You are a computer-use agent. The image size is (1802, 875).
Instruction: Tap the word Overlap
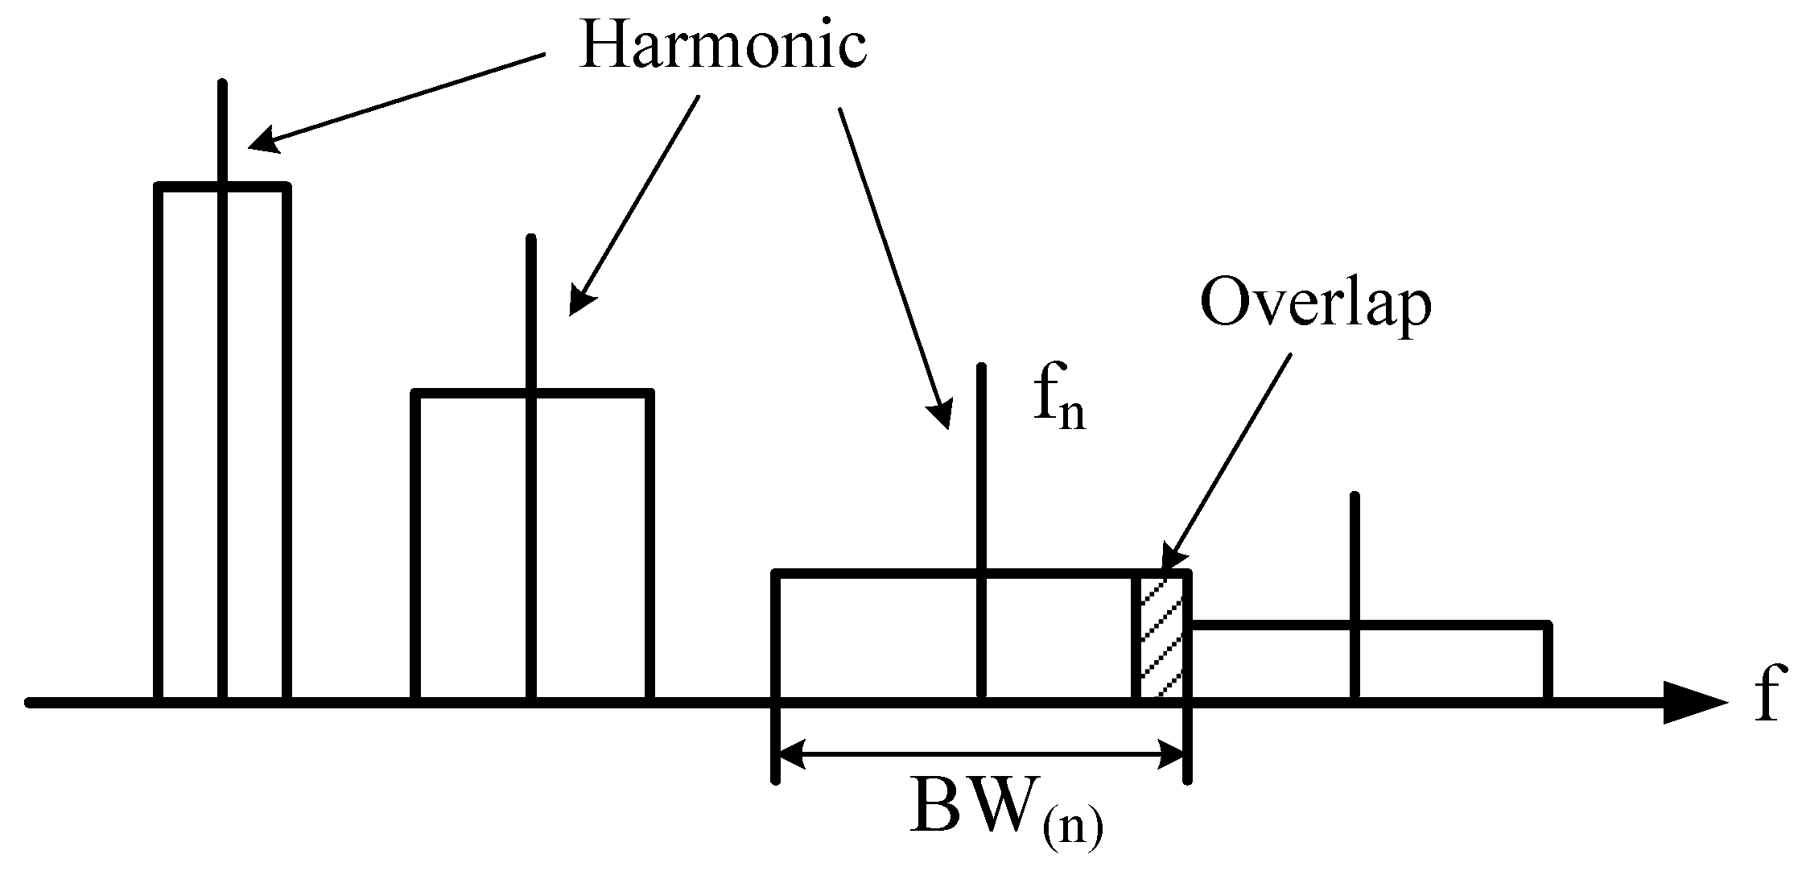coord(1316,304)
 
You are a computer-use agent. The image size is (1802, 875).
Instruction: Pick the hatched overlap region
coord(1161,636)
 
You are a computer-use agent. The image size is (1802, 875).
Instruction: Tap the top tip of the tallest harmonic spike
coord(222,83)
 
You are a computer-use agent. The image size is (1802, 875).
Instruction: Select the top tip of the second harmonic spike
coord(530,238)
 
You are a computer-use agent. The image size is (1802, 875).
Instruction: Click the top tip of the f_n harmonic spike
coord(981,367)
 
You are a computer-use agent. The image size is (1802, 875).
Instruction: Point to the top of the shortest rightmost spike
coord(1355,495)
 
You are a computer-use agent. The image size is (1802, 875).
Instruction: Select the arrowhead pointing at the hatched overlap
coord(1169,563)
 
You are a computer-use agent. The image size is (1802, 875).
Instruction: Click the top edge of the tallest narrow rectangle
coord(222,187)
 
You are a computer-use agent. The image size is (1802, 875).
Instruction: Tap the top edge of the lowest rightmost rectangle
coord(1368,625)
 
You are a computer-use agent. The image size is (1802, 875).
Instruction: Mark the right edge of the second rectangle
coord(649,547)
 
